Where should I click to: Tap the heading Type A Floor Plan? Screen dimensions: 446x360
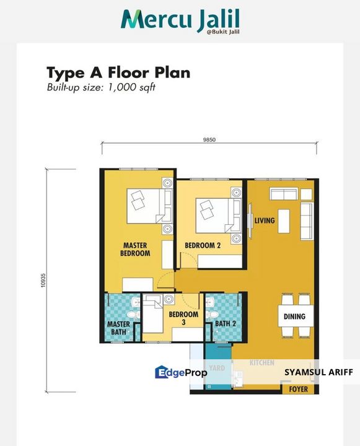tap(118, 72)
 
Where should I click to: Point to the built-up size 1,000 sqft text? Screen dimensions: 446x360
tap(100, 87)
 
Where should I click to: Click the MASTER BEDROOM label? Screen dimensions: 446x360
tap(135, 249)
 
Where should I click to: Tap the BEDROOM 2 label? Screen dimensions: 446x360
tap(203, 246)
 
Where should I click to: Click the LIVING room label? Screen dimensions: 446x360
tap(264, 221)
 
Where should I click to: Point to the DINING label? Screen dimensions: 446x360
tap(294, 317)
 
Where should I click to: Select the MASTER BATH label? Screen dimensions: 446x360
tap(118, 328)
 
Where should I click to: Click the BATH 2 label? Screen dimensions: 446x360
tap(226, 323)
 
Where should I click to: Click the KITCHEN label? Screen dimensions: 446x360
tap(261, 362)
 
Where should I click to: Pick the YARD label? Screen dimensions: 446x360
tap(216, 368)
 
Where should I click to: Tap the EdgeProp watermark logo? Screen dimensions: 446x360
tap(180, 372)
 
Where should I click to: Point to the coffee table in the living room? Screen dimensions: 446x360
tap(284, 219)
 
